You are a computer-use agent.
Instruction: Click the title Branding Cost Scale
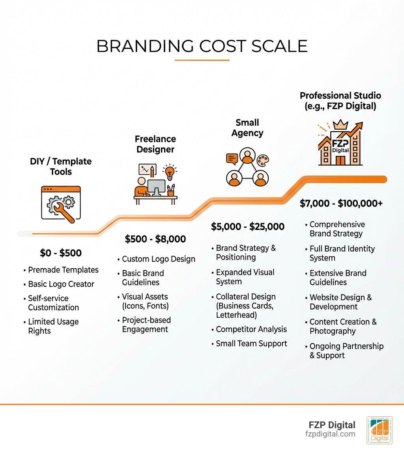point(202,47)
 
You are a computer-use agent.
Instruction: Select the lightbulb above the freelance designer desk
point(170,172)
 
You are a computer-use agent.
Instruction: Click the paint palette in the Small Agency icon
point(262,160)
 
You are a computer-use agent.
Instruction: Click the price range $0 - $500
point(61,253)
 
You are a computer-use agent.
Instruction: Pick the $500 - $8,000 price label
point(155,239)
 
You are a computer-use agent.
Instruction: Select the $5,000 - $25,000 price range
point(248,227)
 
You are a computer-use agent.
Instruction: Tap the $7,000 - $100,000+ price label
point(341,203)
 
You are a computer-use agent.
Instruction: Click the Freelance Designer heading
point(155,144)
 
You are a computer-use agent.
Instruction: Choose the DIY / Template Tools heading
point(61,166)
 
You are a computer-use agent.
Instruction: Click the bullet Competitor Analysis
point(251,329)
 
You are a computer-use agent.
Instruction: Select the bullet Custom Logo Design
point(159,259)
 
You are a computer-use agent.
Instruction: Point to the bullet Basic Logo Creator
point(61,284)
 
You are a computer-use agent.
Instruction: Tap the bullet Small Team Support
point(251,343)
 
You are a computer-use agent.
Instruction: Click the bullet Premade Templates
point(63,270)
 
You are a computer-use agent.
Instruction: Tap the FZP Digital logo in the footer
point(379,430)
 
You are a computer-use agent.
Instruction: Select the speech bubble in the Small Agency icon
point(232,159)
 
